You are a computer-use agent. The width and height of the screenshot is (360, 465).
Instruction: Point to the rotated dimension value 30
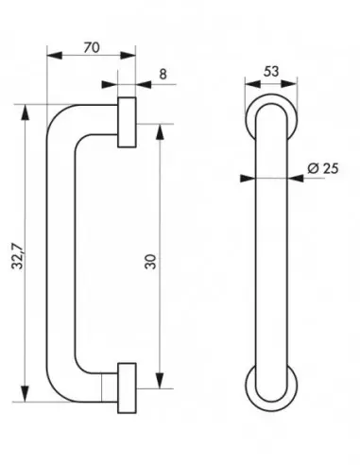tap(148, 257)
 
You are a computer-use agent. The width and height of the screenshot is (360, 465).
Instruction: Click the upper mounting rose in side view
tap(127, 121)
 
